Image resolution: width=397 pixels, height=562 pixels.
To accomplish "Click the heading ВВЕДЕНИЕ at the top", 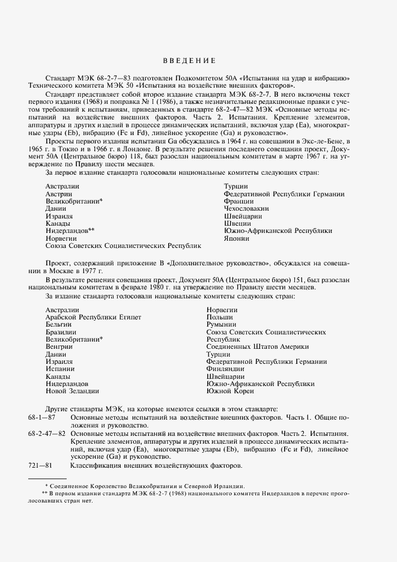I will (x=189, y=61).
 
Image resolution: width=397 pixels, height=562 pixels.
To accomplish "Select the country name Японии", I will (x=236, y=238).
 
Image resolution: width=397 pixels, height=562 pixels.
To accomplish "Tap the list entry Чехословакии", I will (x=246, y=208).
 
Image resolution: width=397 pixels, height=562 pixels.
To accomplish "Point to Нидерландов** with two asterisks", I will (x=70, y=231).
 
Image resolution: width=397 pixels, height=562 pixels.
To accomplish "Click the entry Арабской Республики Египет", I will (x=93, y=317).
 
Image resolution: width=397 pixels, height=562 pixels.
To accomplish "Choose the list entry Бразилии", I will (x=61, y=332).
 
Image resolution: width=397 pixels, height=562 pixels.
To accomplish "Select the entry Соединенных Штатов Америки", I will (x=257, y=347).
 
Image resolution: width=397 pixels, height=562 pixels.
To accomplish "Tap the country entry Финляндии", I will (x=226, y=369).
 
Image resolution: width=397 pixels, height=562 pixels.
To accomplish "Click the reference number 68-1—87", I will (x=42, y=417).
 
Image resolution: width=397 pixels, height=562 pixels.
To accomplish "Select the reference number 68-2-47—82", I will (x=47, y=433).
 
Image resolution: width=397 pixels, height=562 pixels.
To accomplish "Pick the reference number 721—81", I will (x=41, y=466).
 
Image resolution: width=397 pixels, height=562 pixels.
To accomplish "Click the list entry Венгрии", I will (x=59, y=347).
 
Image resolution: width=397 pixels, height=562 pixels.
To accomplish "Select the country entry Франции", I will (x=238, y=201).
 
